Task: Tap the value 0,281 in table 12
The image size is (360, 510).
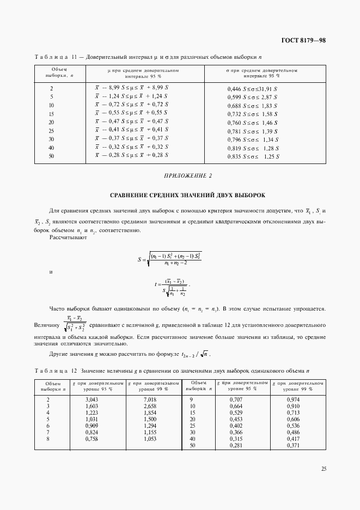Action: (x=235, y=446)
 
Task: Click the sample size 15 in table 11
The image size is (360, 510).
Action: (x=51, y=113)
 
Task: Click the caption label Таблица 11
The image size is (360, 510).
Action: (x=54, y=57)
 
